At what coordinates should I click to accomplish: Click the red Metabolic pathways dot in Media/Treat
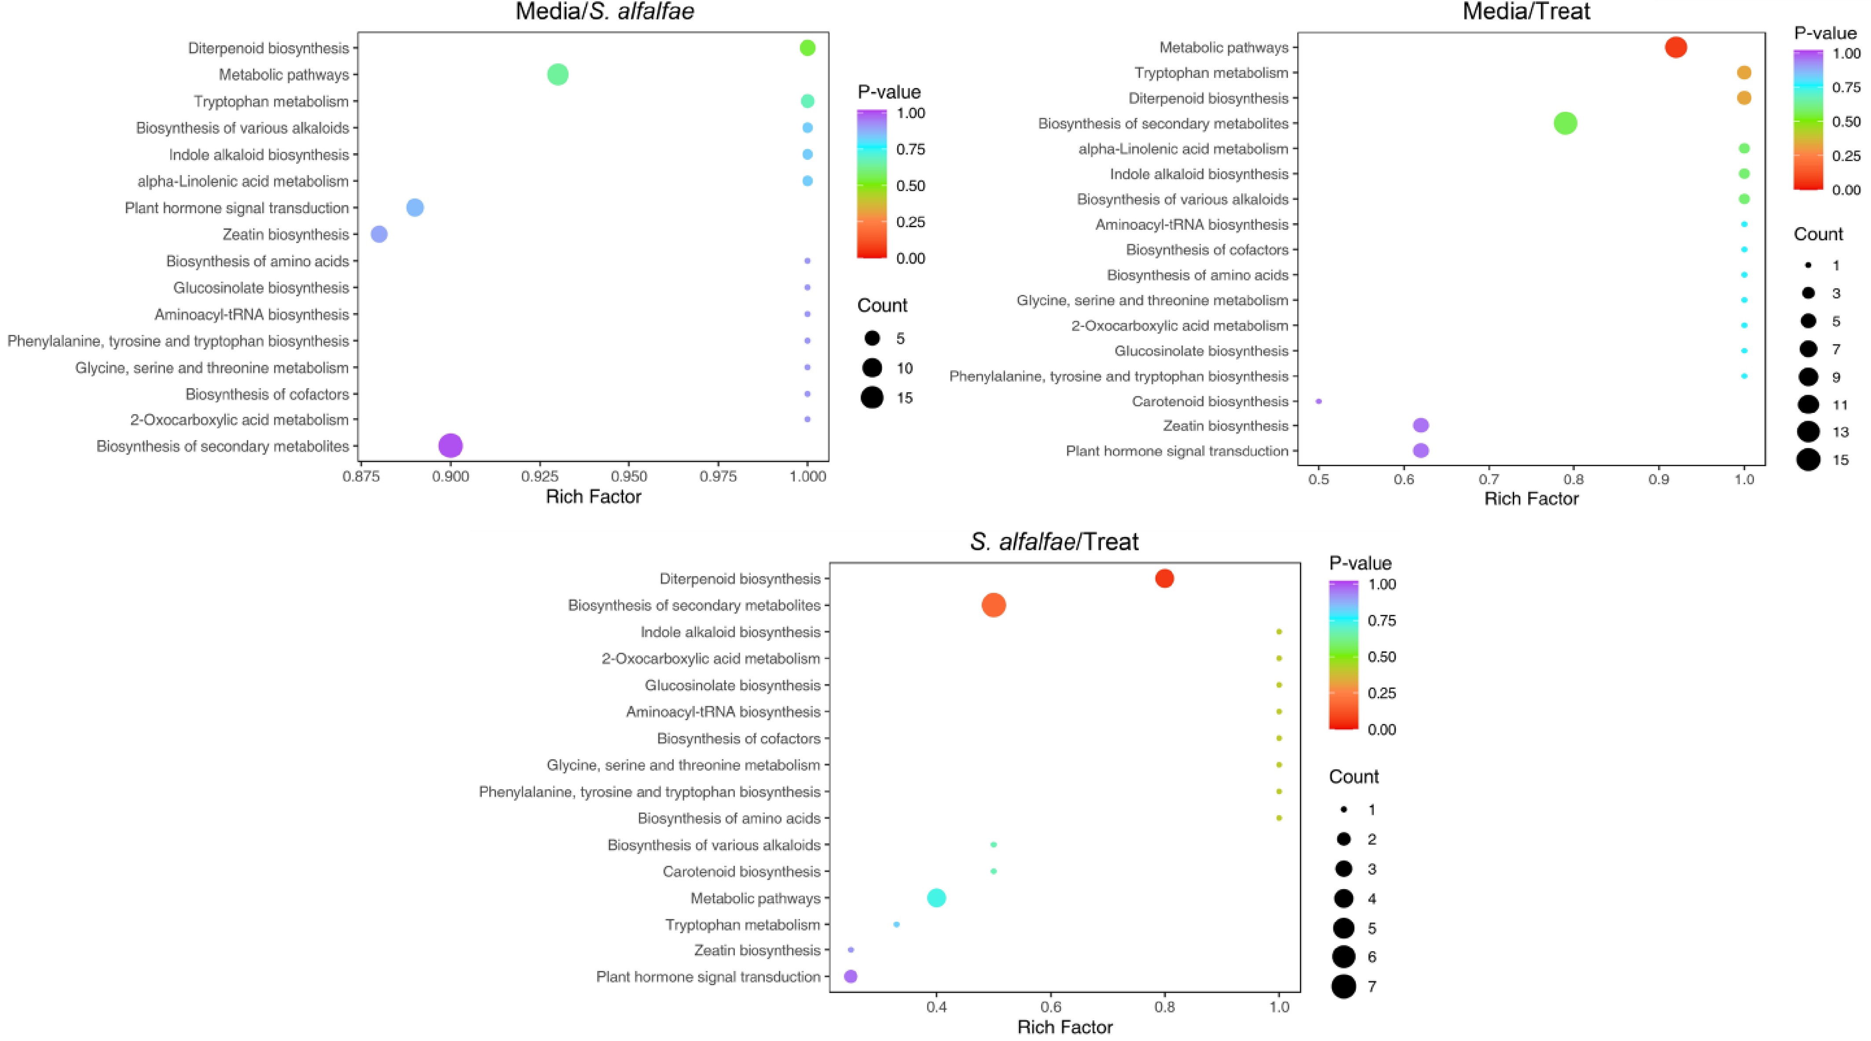[1676, 47]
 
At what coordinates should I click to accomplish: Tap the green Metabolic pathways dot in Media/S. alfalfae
[557, 74]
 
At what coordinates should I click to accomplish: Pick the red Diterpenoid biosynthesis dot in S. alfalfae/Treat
[1164, 578]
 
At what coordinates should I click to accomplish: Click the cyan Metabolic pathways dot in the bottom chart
[936, 898]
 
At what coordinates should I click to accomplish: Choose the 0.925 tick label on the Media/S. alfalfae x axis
[539, 477]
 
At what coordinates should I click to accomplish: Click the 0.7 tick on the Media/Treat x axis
[1489, 479]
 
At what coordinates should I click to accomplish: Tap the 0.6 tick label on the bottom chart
[1050, 1007]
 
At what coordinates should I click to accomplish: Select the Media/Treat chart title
[1526, 11]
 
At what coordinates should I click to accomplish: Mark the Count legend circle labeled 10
[872, 368]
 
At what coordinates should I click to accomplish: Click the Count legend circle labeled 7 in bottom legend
[1344, 986]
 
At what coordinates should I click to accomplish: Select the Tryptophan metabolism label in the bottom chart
[742, 925]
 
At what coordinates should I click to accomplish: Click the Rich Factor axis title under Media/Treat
[1531, 499]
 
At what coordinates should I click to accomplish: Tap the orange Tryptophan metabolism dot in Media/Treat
[1744, 73]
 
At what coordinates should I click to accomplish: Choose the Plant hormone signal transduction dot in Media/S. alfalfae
[415, 208]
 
